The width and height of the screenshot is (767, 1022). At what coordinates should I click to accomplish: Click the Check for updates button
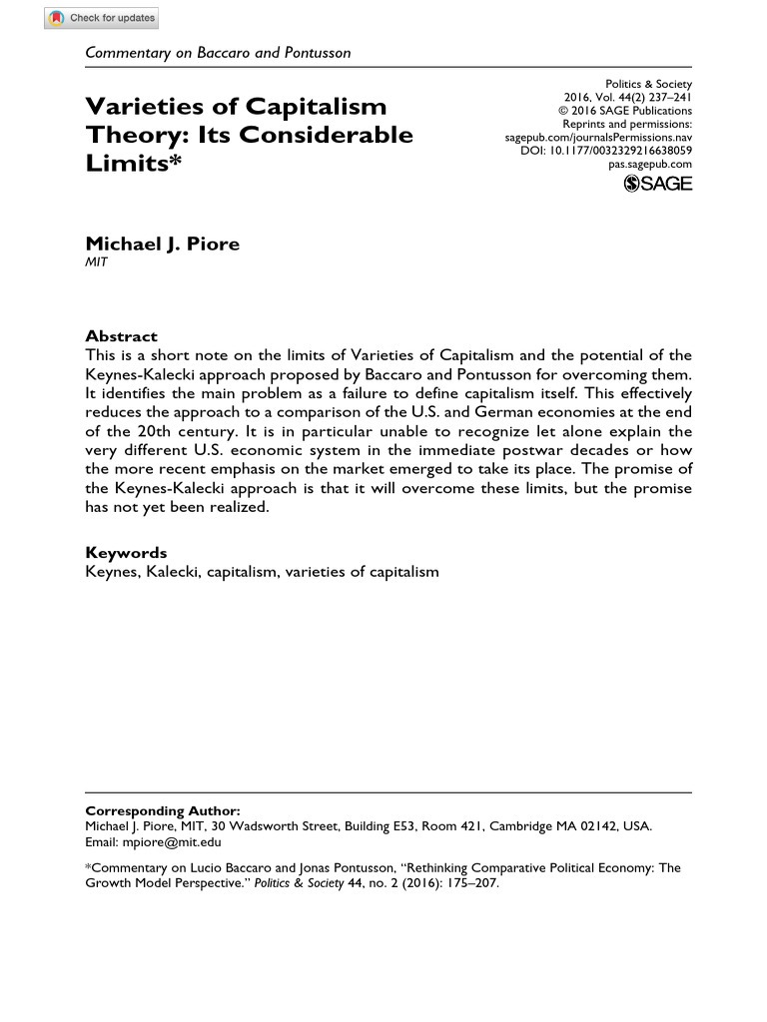(x=102, y=18)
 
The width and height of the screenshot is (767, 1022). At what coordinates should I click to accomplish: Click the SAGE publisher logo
(x=657, y=183)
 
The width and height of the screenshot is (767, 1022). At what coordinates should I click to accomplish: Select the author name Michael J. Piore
(x=162, y=245)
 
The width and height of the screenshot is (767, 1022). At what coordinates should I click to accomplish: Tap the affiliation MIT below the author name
(x=96, y=262)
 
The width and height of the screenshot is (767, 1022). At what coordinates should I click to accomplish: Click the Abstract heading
(x=121, y=336)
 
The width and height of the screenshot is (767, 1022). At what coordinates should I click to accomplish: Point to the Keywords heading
(x=126, y=553)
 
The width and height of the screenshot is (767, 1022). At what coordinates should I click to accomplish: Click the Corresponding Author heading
(x=163, y=811)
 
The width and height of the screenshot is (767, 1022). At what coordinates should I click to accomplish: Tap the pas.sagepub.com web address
(x=650, y=164)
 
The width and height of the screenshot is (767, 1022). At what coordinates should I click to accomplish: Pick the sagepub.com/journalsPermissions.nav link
(x=598, y=138)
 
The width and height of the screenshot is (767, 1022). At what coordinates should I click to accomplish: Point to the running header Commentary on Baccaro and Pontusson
(x=218, y=52)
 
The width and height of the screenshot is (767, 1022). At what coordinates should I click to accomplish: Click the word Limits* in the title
(x=128, y=162)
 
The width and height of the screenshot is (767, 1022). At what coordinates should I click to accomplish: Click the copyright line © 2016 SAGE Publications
(x=624, y=111)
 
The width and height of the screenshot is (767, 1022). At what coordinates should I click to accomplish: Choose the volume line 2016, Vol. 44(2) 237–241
(x=628, y=98)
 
